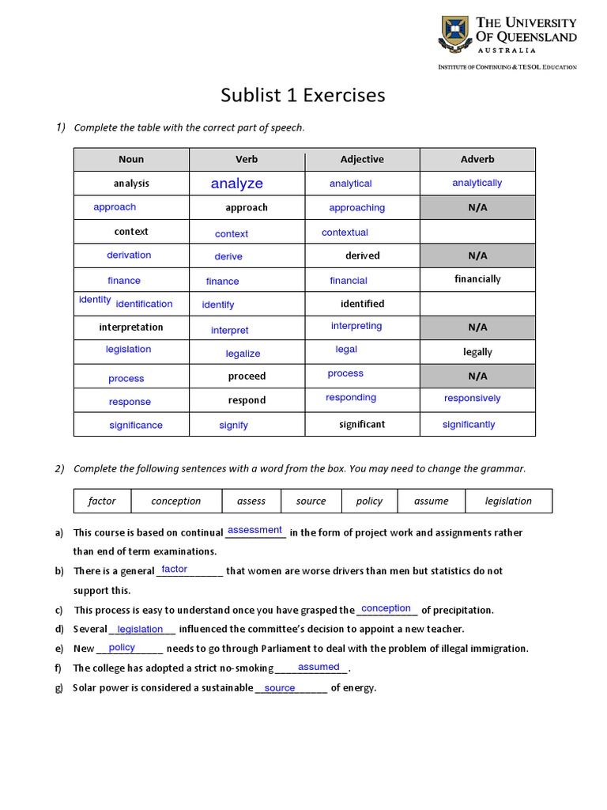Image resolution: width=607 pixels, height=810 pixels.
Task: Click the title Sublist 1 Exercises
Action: tap(303, 96)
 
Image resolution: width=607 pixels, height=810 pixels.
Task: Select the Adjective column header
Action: tap(362, 159)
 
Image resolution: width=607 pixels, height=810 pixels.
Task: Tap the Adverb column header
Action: tap(477, 159)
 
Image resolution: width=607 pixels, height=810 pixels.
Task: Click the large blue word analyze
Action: tap(236, 184)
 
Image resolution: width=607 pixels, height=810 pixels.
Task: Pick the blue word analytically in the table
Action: tap(477, 183)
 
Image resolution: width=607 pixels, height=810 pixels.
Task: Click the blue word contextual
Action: tap(345, 233)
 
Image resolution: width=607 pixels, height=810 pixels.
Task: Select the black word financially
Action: tap(477, 279)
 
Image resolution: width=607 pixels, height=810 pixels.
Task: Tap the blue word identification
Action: tap(144, 304)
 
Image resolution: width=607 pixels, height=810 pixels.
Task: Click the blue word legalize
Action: tap(243, 354)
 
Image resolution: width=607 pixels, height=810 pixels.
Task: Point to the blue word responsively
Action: tap(472, 398)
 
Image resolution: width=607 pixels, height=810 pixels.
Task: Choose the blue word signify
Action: tap(233, 426)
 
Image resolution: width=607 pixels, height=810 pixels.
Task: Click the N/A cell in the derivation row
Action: tap(477, 255)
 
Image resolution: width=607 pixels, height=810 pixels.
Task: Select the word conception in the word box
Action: tap(175, 501)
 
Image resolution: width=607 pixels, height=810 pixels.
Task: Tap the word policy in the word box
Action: tap(369, 501)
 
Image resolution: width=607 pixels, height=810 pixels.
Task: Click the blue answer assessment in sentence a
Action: tap(254, 530)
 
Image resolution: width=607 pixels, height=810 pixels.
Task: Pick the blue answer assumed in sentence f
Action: tap(319, 667)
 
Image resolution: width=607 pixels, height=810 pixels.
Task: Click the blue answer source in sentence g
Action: tap(280, 688)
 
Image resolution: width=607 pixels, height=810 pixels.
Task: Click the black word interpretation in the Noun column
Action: tap(131, 327)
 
